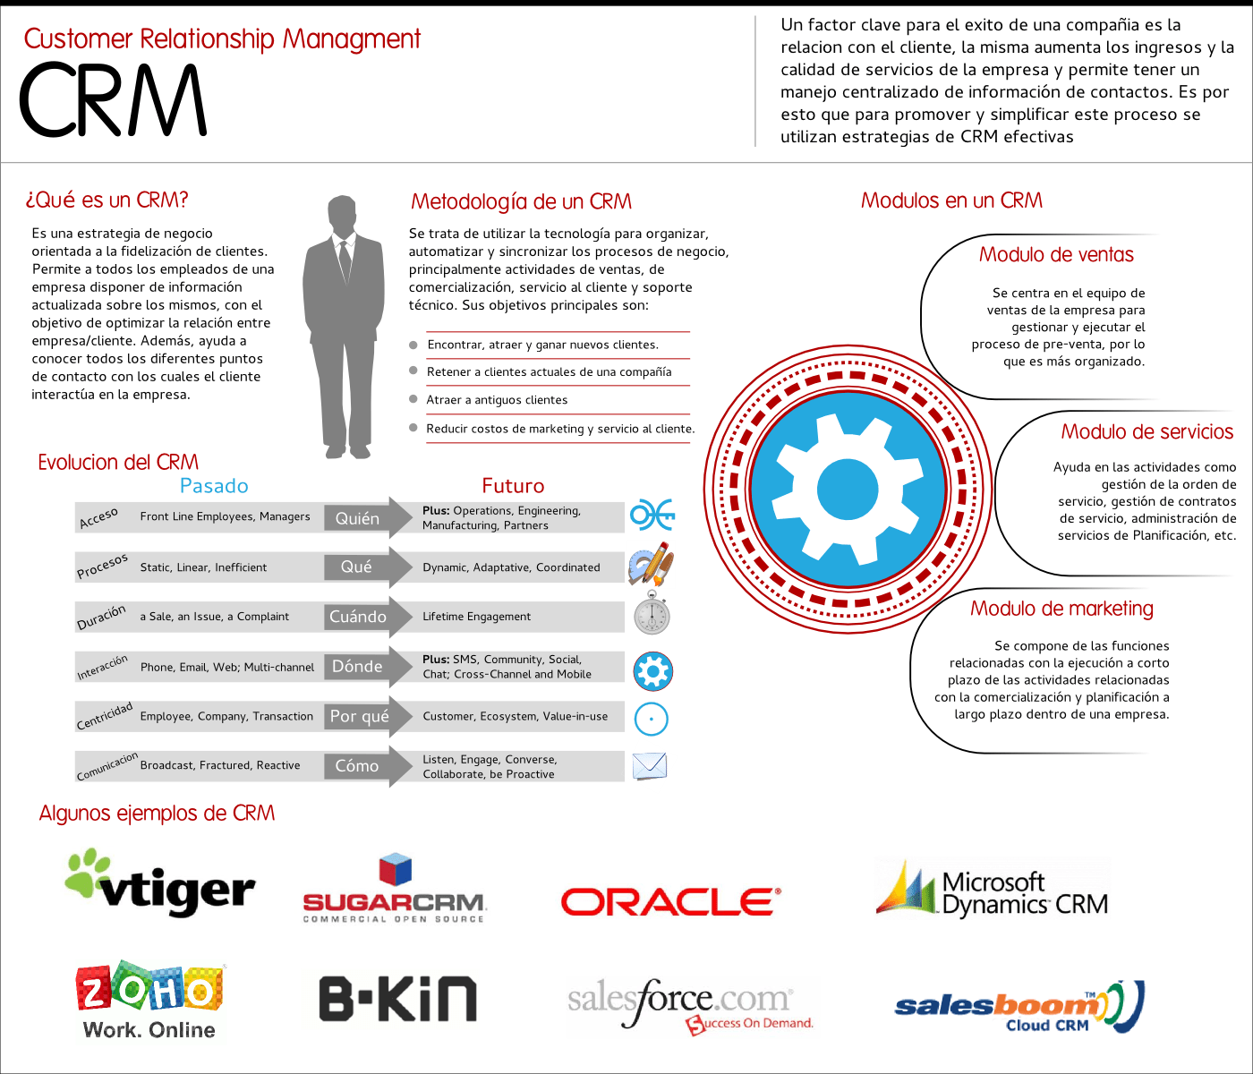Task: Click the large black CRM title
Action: click(113, 100)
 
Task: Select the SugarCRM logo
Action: click(394, 891)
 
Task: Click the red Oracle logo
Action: click(670, 901)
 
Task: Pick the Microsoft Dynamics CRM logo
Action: click(992, 893)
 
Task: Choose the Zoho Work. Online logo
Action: click(149, 1002)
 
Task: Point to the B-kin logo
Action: click(398, 999)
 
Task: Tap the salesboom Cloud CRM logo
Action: click(1019, 1007)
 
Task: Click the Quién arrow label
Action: click(357, 518)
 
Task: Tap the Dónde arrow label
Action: click(357, 667)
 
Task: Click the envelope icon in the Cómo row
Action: click(650, 766)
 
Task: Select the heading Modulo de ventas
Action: click(1056, 255)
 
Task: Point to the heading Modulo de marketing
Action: click(1061, 609)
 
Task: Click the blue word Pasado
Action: click(214, 486)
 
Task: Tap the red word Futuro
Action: click(513, 486)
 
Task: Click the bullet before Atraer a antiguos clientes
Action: click(413, 399)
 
